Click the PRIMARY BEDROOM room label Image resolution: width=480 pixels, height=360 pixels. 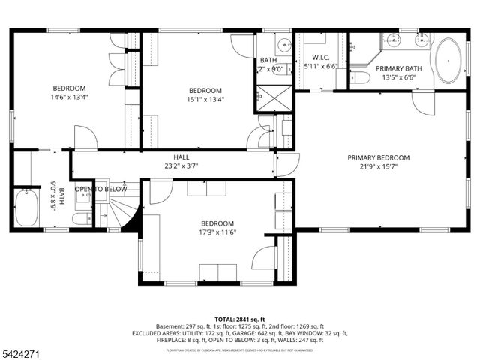(x=379, y=157)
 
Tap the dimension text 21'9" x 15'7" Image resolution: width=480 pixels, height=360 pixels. (x=379, y=167)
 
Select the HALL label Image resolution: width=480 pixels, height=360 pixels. (x=181, y=157)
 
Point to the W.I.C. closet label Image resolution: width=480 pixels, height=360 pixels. (x=321, y=57)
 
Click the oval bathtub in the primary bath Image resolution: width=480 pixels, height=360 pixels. (x=449, y=61)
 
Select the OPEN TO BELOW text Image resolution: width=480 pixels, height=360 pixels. (x=100, y=189)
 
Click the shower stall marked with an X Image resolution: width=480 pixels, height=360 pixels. (x=267, y=97)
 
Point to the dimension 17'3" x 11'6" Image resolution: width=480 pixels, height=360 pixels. (x=217, y=233)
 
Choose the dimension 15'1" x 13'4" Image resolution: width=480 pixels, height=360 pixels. (x=205, y=100)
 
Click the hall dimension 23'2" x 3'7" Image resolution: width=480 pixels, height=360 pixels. (x=181, y=166)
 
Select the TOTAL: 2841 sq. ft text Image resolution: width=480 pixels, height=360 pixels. (x=239, y=319)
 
